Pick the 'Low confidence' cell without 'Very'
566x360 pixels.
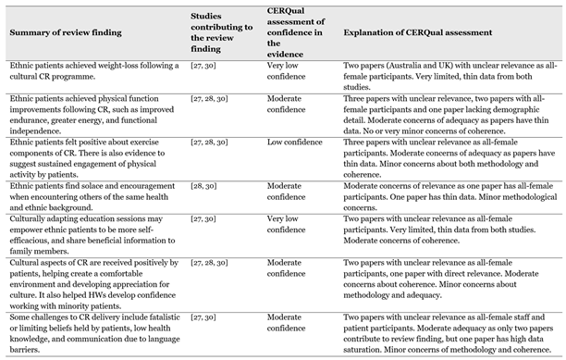pyautogui.click(x=287, y=144)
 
